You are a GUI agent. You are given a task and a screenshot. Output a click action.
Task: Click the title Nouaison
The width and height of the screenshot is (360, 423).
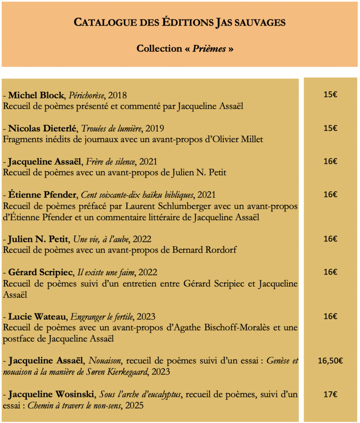point(118,361)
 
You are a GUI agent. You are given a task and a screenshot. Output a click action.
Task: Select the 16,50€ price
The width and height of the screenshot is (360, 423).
point(330,361)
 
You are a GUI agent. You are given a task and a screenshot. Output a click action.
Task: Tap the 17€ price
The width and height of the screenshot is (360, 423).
point(330,394)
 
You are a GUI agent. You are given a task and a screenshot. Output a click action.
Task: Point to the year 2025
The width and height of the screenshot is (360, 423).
point(134,405)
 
